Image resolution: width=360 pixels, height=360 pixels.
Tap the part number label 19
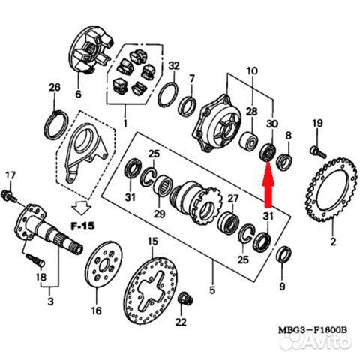pyautogui.click(x=316, y=124)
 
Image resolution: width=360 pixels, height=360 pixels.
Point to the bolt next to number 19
pyautogui.click(x=317, y=152)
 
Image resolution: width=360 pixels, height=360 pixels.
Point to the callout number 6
pyautogui.click(x=76, y=94)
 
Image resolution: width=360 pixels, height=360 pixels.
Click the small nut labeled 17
pyautogui.click(x=9, y=196)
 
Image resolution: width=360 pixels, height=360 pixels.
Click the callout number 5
pyautogui.click(x=212, y=287)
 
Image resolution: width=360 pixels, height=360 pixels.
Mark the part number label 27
pyautogui.click(x=232, y=199)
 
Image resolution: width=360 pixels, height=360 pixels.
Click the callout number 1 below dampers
pyautogui.click(x=124, y=122)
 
